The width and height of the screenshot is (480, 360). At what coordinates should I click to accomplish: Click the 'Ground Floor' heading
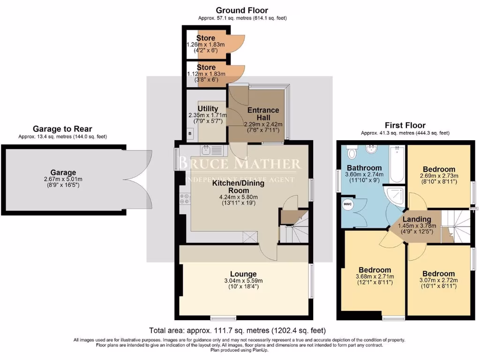click(x=242, y=10)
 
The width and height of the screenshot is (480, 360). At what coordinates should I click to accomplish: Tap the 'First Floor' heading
click(x=405, y=125)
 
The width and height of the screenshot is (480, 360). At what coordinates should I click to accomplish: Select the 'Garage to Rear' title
click(x=62, y=129)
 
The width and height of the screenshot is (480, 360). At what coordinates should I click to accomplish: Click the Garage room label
click(x=63, y=172)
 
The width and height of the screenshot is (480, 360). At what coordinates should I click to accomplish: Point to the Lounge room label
click(x=243, y=274)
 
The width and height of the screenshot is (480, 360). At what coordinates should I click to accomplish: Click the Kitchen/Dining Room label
click(x=238, y=187)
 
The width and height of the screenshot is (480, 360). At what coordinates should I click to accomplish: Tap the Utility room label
click(x=208, y=109)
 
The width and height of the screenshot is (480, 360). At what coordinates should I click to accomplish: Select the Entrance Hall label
click(x=263, y=113)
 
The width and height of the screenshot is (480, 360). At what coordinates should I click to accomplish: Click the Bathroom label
click(x=364, y=168)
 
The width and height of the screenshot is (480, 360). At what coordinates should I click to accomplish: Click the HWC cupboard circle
click(x=348, y=204)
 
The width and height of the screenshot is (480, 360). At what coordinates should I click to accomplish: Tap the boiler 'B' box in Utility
click(x=189, y=134)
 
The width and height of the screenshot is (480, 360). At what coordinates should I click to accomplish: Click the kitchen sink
click(x=207, y=150)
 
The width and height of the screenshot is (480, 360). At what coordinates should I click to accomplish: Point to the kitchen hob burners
click(x=183, y=198)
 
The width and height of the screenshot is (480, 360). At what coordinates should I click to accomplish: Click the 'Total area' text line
click(x=237, y=330)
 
